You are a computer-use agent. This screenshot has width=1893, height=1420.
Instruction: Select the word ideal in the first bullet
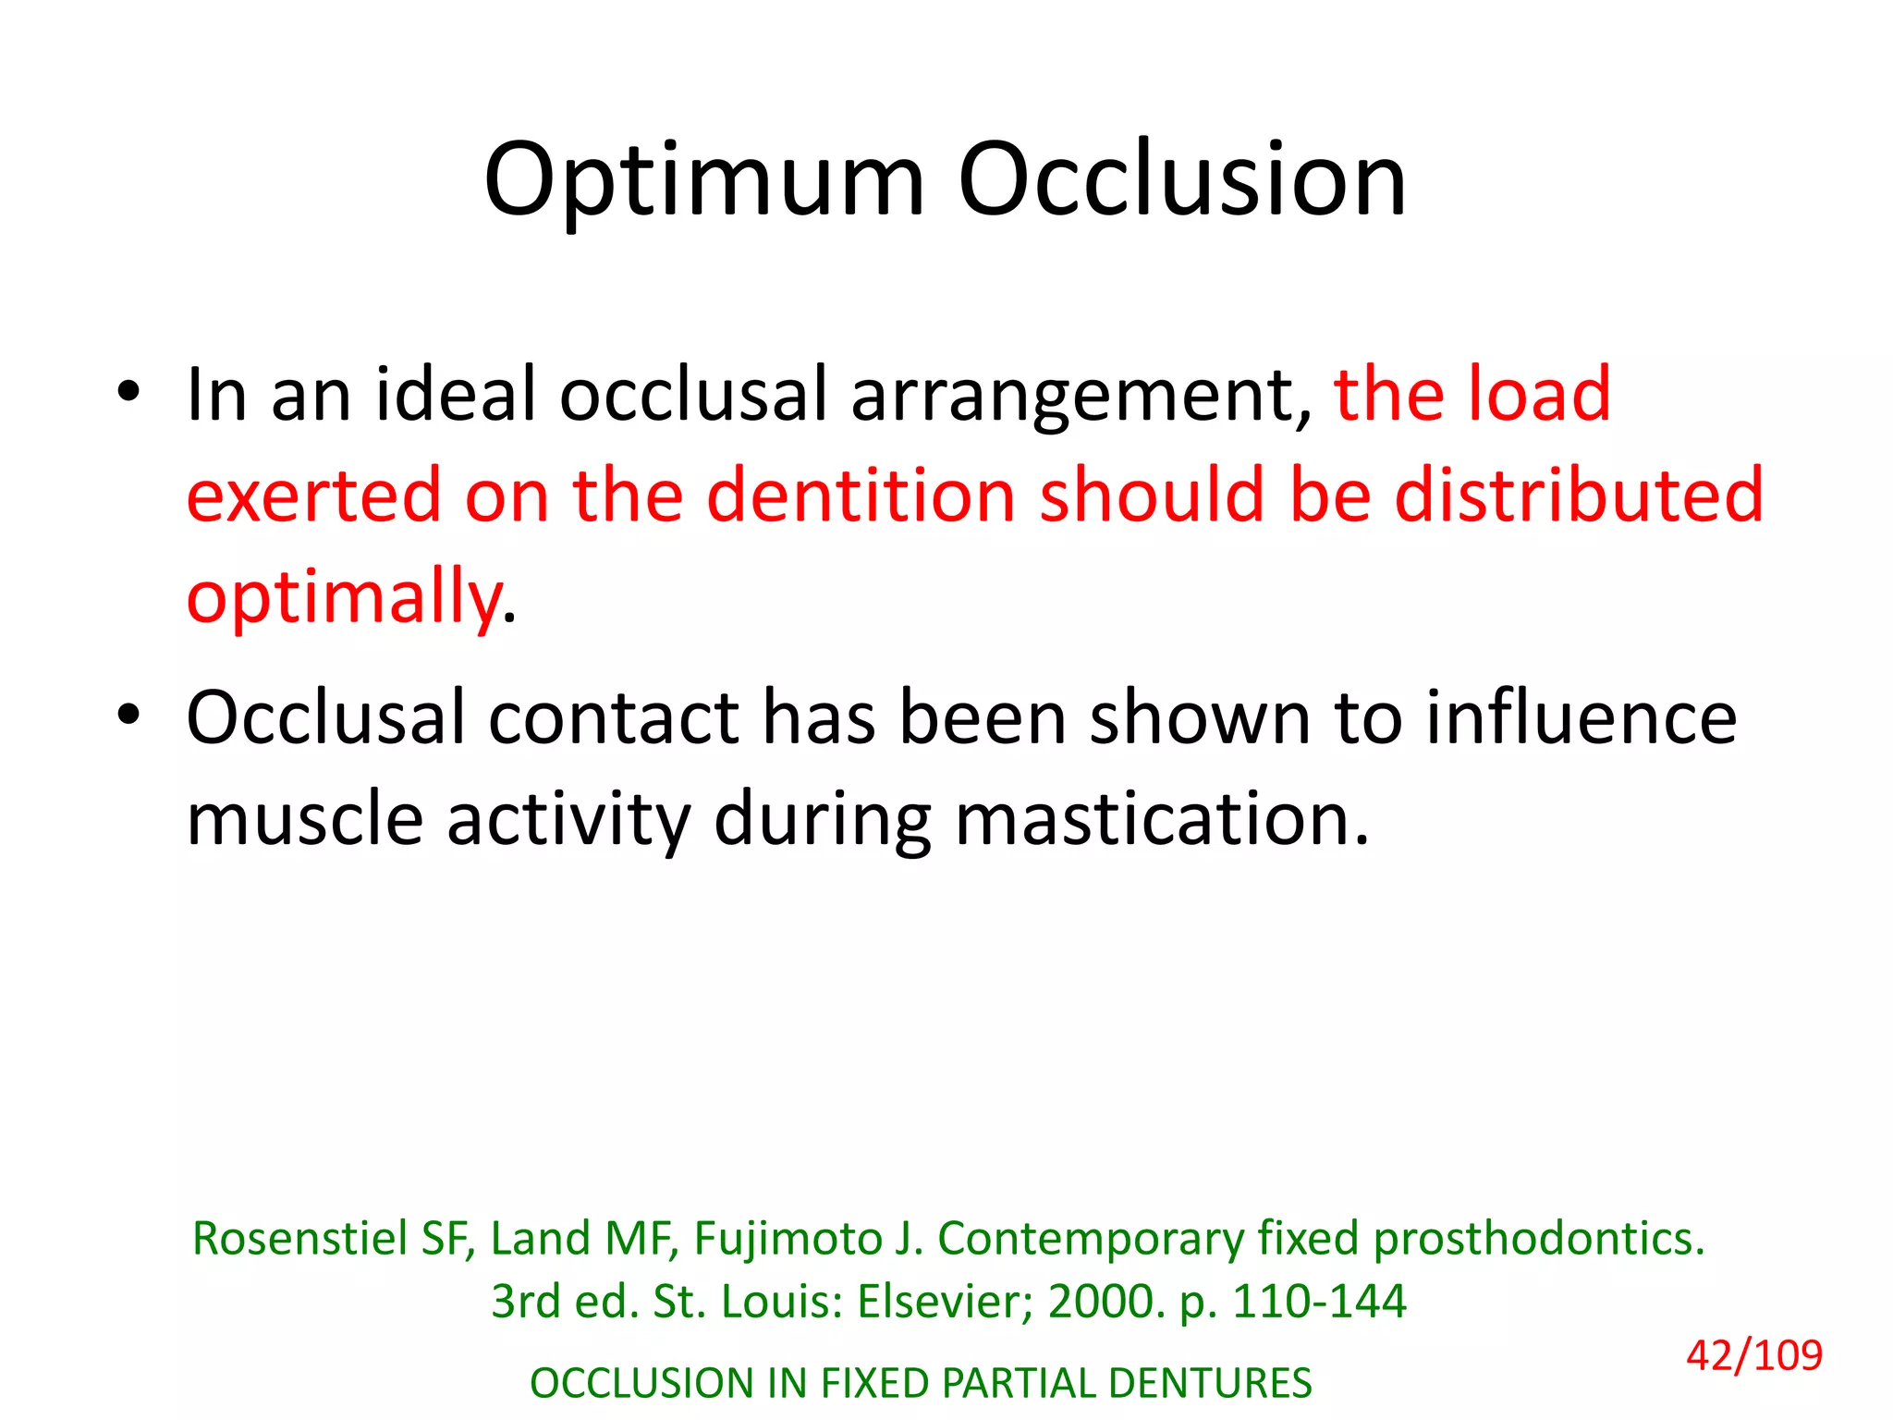pos(456,395)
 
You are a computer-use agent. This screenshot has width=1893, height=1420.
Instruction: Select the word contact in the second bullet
pos(614,718)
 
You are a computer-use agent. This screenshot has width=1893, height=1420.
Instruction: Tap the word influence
pos(1581,718)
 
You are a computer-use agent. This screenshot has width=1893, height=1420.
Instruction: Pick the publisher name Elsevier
pos(944,1302)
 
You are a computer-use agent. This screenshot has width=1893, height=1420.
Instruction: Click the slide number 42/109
pos(1753,1355)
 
